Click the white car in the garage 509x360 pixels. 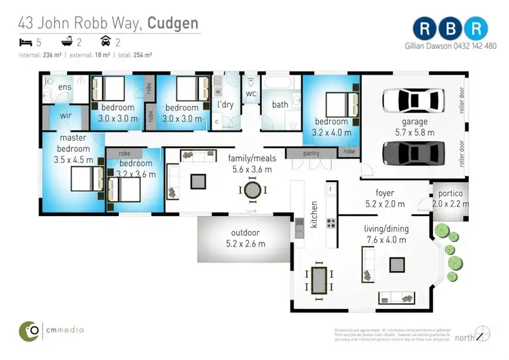413,100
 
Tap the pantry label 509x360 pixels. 312,154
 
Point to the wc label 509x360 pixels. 250,93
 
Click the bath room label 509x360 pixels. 280,105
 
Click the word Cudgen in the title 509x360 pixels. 174,24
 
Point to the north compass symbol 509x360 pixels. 483,334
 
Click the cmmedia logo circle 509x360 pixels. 29,330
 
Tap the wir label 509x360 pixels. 66,116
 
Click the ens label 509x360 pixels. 66,88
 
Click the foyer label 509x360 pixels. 385,193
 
